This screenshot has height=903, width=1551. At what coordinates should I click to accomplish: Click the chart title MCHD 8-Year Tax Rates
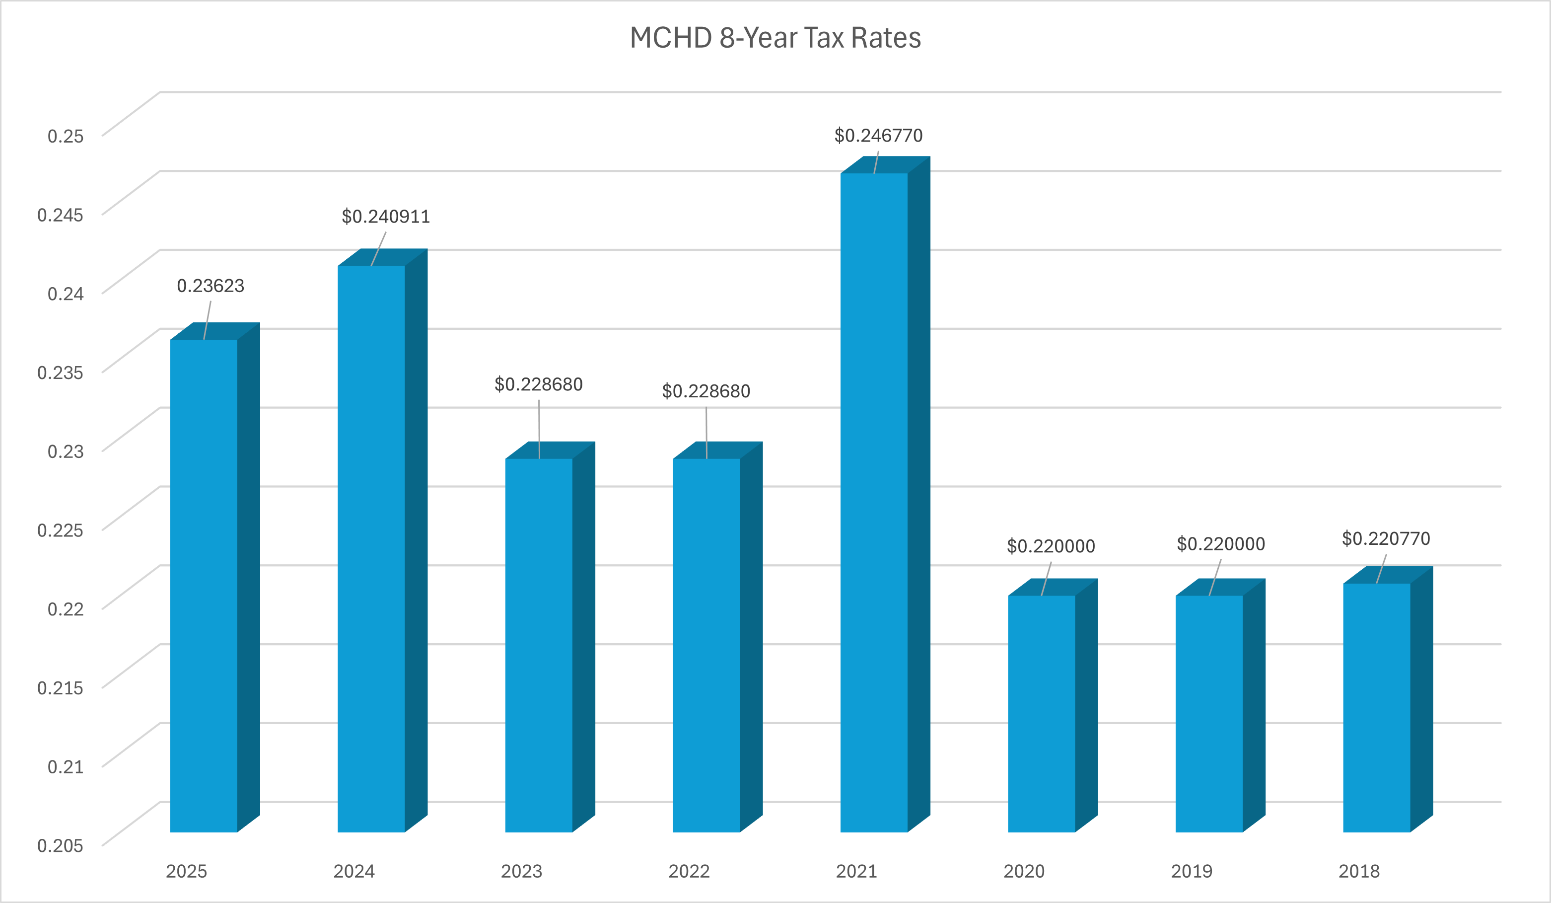(775, 38)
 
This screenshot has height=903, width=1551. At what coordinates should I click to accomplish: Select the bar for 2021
(874, 502)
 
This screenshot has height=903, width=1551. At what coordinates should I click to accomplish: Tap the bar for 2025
(204, 585)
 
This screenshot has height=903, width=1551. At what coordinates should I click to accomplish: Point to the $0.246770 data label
(878, 136)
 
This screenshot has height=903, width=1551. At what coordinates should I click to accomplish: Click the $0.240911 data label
(386, 217)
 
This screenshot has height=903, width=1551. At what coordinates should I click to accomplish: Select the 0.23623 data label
(211, 286)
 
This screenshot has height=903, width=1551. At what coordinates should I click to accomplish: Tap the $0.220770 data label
(1386, 538)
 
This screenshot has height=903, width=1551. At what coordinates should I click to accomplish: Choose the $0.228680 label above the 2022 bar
(706, 391)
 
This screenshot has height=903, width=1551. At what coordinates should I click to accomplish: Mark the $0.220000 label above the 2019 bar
(1220, 543)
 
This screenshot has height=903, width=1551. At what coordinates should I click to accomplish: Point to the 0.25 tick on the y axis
(65, 136)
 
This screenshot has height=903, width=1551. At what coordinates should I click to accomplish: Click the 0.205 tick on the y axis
(60, 846)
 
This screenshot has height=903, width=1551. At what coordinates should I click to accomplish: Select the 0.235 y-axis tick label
(60, 373)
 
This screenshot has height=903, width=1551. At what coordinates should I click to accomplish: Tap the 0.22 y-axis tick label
(65, 609)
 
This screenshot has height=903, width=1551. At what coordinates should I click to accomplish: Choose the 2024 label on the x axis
(354, 871)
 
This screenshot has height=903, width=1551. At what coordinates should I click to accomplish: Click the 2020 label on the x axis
(1024, 871)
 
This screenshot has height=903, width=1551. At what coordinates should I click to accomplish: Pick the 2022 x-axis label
(689, 871)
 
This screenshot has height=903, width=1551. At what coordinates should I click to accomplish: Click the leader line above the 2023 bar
(539, 429)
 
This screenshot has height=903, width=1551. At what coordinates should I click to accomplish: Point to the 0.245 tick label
(60, 215)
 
